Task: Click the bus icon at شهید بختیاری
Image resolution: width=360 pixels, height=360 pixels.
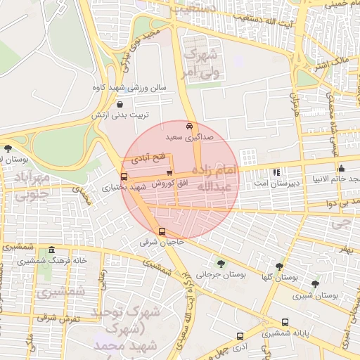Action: (124, 177)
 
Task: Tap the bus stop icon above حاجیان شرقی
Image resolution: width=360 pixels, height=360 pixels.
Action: (162, 232)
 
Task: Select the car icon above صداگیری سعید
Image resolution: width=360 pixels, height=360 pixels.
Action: (188, 126)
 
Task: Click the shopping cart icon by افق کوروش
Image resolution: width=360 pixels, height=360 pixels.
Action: (169, 172)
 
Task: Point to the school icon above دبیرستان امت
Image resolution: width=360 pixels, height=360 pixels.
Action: (276, 172)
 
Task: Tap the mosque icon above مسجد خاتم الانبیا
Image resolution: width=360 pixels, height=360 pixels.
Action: (341, 169)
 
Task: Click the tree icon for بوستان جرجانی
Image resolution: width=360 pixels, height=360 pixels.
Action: (221, 264)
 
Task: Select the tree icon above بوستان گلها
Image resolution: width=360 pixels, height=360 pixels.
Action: (279, 266)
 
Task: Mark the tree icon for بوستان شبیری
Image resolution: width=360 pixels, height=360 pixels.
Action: (315, 285)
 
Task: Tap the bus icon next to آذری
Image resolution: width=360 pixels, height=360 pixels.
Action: (240, 337)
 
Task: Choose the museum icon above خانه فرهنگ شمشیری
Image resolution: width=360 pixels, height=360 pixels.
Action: (51, 251)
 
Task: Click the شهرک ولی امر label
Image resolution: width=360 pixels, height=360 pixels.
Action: (200, 56)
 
